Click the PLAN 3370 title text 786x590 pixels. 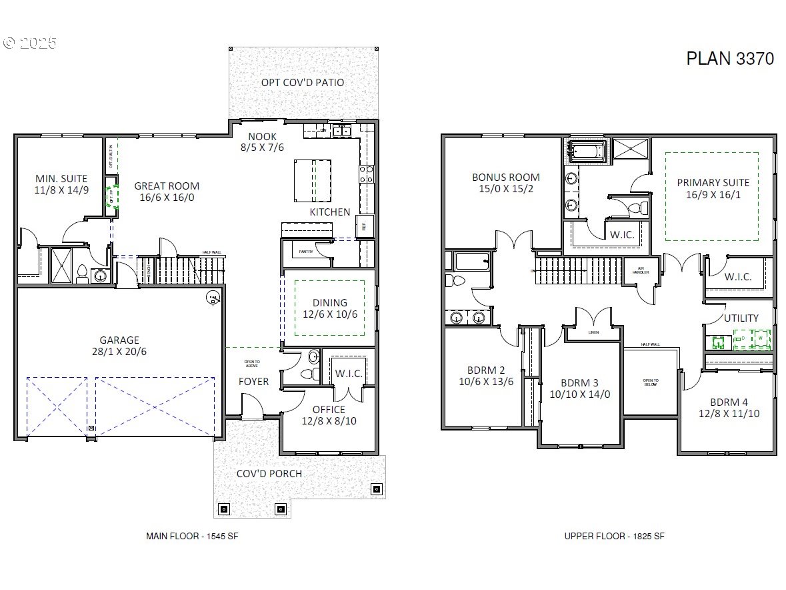(730, 58)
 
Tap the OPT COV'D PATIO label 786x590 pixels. (303, 82)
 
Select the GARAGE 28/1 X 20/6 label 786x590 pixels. (120, 345)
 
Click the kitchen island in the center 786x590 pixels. (313, 179)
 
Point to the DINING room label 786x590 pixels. (329, 308)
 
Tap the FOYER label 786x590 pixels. (254, 382)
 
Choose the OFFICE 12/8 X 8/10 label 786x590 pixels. (329, 415)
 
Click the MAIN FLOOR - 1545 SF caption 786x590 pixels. (192, 536)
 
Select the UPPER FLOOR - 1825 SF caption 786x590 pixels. (614, 536)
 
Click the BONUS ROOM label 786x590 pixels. (505, 183)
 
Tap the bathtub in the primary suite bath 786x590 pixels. (587, 150)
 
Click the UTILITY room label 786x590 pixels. (741, 318)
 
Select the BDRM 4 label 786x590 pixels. (729, 407)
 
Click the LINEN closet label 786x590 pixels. (594, 332)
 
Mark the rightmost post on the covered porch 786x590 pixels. (376, 489)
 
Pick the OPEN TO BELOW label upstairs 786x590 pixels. (651, 382)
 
